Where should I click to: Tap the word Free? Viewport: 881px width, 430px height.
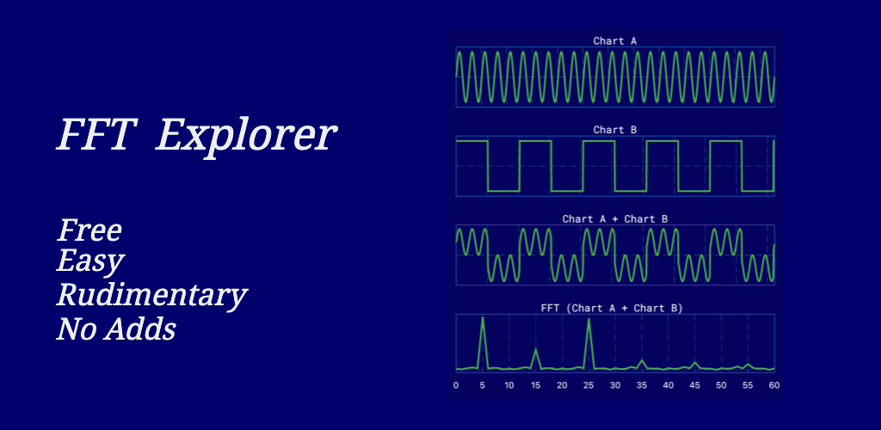(89, 230)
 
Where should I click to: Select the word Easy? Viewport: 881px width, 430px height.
(91, 262)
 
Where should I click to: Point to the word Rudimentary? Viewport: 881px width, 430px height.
(151, 296)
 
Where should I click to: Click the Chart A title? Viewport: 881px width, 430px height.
(614, 40)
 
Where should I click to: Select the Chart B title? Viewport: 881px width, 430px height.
(614, 130)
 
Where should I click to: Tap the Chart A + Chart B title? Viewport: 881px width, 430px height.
(614, 219)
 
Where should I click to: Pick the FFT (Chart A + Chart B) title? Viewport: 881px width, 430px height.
(612, 308)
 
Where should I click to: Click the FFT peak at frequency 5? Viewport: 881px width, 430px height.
(483, 317)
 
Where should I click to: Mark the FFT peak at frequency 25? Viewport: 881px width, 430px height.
(588, 320)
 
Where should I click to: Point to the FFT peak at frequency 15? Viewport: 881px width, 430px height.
(535, 349)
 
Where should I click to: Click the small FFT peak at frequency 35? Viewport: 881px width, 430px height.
(642, 360)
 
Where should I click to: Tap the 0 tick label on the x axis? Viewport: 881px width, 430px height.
(456, 385)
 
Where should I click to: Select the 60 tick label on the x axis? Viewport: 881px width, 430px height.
(774, 385)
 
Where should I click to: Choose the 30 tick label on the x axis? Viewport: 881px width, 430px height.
(615, 385)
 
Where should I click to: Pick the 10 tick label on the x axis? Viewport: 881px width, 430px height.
(509, 385)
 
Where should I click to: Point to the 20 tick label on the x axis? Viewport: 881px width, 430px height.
(562, 385)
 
